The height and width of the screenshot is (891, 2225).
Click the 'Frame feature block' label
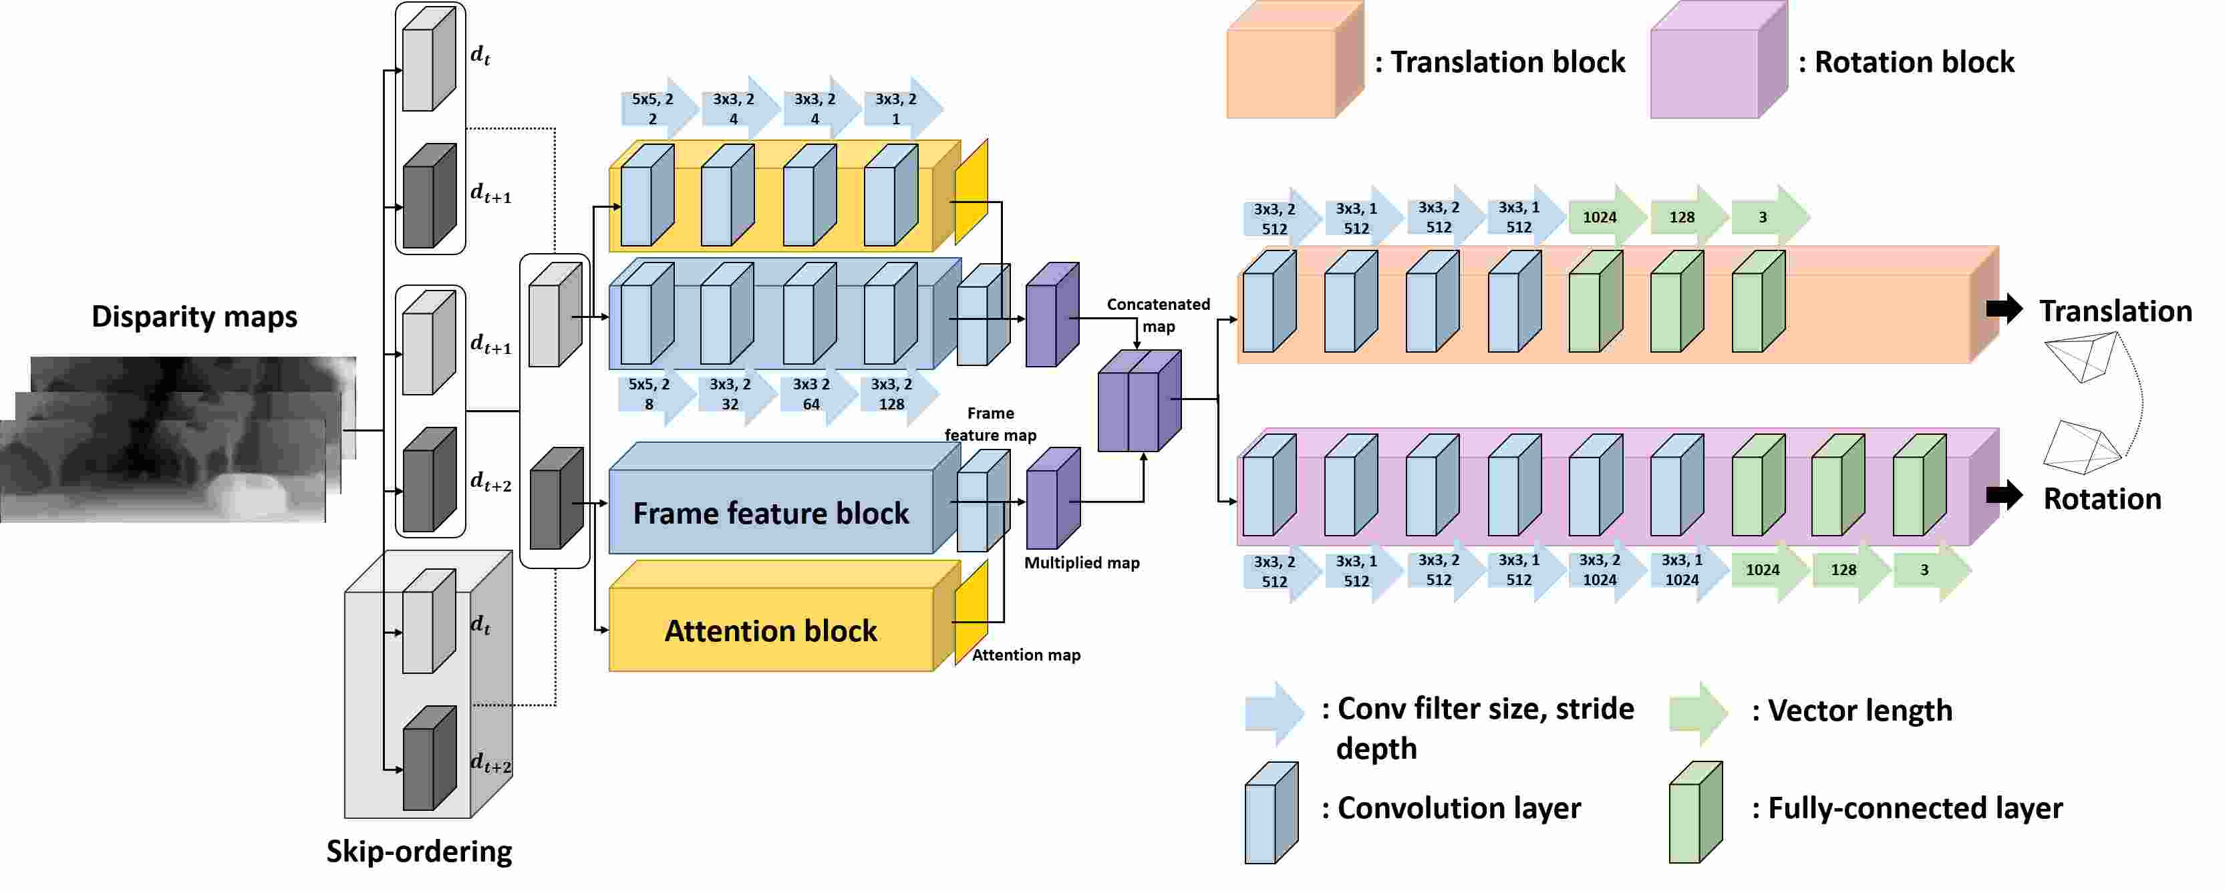770,514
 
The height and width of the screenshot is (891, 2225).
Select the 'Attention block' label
770,631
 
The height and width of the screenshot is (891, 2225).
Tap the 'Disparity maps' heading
194,317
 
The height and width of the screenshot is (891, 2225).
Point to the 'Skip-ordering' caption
419,852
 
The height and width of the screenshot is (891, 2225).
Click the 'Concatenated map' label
1159,315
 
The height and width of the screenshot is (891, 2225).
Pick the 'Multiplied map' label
1081,563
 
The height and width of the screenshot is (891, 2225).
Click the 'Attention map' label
1026,655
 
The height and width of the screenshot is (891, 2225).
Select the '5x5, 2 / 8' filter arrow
654,395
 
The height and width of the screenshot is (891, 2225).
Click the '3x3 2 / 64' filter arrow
814,395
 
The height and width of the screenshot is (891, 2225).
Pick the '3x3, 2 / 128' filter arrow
896,395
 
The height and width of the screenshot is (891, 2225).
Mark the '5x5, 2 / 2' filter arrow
655,109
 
